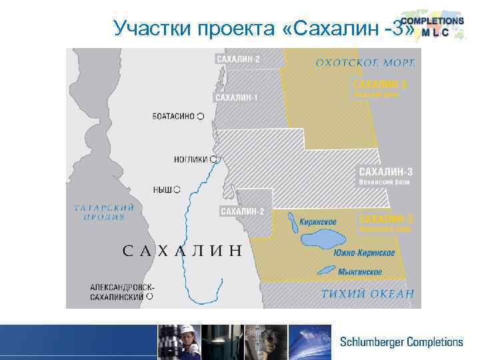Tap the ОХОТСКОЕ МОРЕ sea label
pyautogui.click(x=365, y=63)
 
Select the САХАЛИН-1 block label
pyautogui.click(x=237, y=98)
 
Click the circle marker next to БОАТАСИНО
pyautogui.click(x=201, y=117)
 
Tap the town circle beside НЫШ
pyautogui.click(x=177, y=190)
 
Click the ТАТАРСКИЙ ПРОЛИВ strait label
pyautogui.click(x=105, y=212)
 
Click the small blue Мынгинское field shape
pyautogui.click(x=326, y=269)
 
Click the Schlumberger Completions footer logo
pyautogui.click(x=401, y=342)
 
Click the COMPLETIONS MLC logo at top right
pyautogui.click(x=433, y=27)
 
